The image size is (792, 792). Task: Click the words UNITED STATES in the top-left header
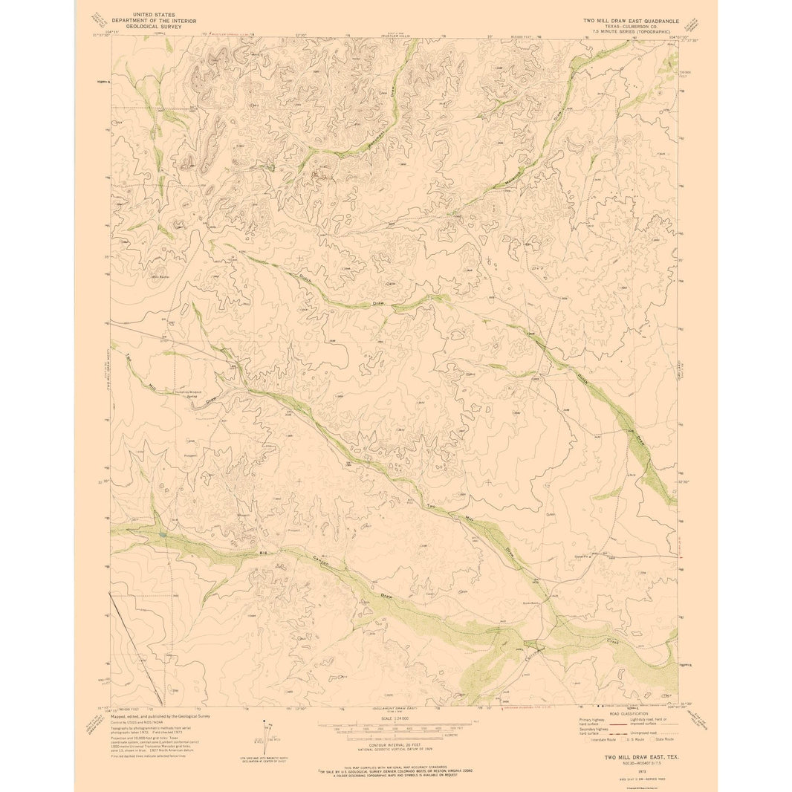155,14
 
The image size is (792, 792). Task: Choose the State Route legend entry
663,739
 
